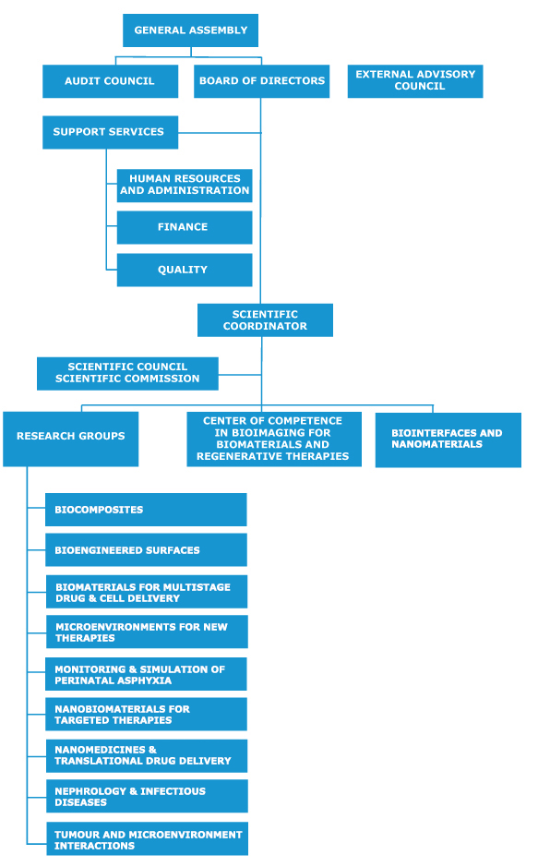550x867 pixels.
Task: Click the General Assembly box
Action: point(190,30)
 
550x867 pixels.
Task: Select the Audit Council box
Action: point(110,81)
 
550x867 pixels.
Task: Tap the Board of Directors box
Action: point(261,81)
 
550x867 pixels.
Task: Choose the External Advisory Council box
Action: point(415,81)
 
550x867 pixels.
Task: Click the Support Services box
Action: point(110,132)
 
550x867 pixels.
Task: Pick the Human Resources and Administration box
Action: point(185,186)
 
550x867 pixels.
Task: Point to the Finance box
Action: point(185,227)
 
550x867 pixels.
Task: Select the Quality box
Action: point(185,270)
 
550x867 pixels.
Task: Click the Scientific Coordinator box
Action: point(266,320)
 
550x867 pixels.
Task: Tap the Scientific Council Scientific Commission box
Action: point(127,374)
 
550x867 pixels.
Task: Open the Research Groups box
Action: point(71,439)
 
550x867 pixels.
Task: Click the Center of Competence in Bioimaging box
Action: point(274,439)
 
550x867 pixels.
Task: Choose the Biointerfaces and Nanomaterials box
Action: point(448,440)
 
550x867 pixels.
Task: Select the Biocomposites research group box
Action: point(146,510)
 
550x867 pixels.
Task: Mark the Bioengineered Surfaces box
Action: point(146,550)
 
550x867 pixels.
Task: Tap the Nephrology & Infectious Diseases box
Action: point(147,796)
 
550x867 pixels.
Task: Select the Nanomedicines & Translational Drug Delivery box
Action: point(147,756)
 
